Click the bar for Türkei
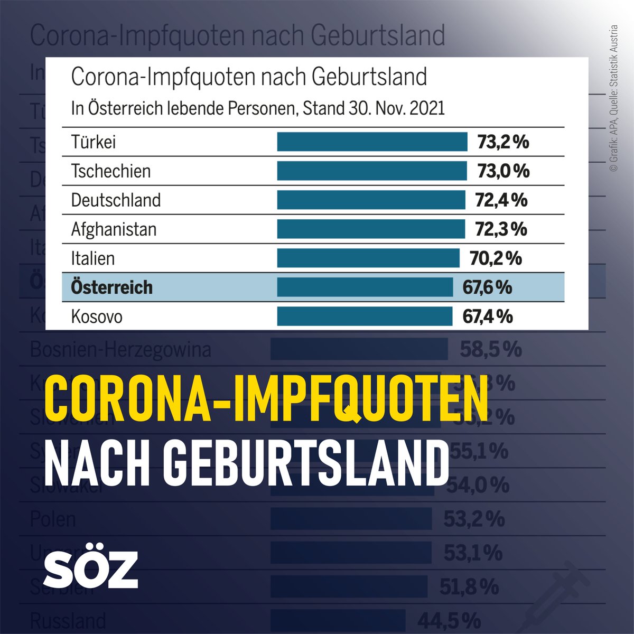pyautogui.click(x=372, y=142)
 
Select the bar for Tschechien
pyautogui.click(x=371, y=171)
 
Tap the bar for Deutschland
pyautogui.click(x=371, y=200)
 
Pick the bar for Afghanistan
pyautogui.click(x=371, y=229)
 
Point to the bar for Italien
pyautogui.click(x=368, y=258)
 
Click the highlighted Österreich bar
pyautogui.click(x=365, y=287)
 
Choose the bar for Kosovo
pyautogui.click(x=365, y=316)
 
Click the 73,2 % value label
pyautogui.click(x=503, y=142)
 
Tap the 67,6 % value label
pyautogui.click(x=487, y=287)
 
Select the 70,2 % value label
pyautogui.click(x=496, y=258)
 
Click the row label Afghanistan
pyautogui.click(x=114, y=229)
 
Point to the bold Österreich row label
pyautogui.click(x=111, y=287)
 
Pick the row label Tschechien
pyautogui.click(x=110, y=171)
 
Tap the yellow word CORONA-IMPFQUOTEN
pyautogui.click(x=265, y=397)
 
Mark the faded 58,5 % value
pyautogui.click(x=490, y=349)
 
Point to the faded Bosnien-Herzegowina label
pyautogui.click(x=120, y=349)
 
